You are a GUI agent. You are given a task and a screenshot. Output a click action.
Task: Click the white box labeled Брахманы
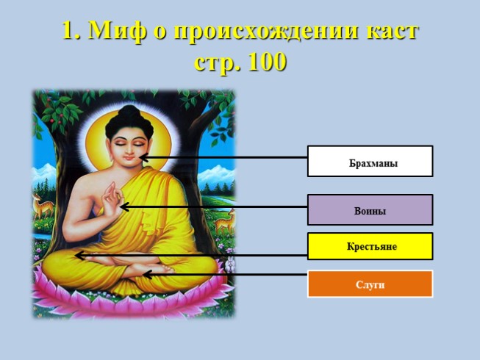click(x=370, y=161)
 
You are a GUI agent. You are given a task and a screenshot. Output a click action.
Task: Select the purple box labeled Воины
click(x=370, y=210)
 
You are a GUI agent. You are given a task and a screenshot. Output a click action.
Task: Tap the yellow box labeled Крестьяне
click(x=370, y=246)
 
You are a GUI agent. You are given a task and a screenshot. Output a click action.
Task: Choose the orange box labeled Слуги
click(x=370, y=284)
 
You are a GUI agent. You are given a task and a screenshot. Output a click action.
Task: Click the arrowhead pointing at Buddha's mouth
click(x=143, y=158)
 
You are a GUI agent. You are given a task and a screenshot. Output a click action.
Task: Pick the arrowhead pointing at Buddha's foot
click(x=147, y=274)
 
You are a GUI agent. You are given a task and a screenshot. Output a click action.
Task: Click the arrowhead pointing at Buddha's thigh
click(x=79, y=256)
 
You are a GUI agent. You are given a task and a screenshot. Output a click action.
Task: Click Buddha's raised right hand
click(x=112, y=199)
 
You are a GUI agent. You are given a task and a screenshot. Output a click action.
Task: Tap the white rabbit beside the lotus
click(x=229, y=264)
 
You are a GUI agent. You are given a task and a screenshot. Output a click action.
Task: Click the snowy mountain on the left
click(x=45, y=173)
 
